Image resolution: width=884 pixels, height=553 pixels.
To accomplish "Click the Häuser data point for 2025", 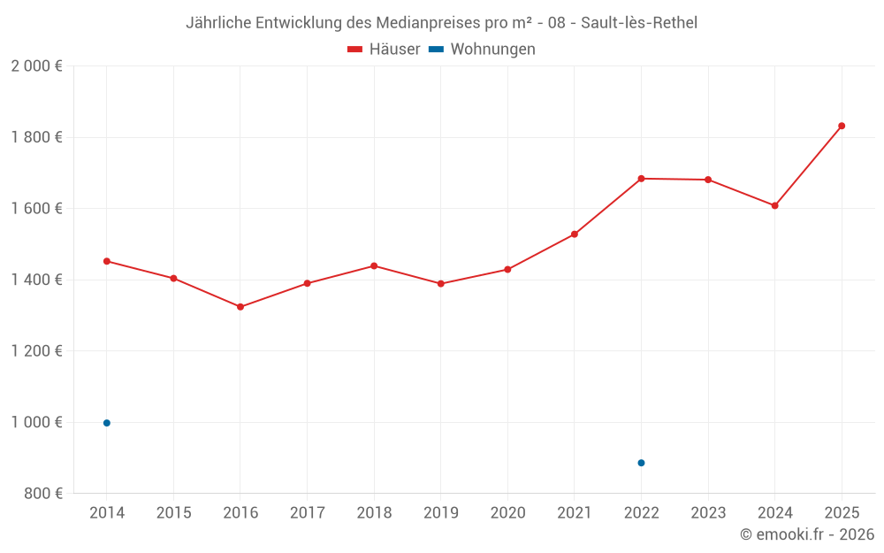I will point(842,126).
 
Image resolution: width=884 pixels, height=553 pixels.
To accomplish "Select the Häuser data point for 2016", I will point(240,307).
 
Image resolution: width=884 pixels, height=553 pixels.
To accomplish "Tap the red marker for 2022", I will point(641,179).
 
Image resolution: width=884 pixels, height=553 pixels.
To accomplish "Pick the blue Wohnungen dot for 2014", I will point(107,423).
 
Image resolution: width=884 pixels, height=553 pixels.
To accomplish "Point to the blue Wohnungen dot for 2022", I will point(641,463).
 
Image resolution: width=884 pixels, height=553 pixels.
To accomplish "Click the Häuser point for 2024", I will point(774,205).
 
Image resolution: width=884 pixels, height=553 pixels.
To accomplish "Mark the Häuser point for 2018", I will point(374,265).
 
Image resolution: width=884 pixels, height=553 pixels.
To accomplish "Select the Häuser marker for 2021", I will point(575,234).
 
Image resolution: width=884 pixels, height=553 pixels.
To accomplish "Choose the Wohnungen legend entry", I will point(492,50).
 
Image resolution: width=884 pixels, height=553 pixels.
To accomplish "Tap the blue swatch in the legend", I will point(436,50).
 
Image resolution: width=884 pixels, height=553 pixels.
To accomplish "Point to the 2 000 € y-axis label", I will point(36,66).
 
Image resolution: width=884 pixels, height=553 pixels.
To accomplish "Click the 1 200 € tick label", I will point(36,351).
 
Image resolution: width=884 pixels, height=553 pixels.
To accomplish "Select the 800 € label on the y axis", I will point(42,494).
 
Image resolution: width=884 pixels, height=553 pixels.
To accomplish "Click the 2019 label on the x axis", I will point(441,513).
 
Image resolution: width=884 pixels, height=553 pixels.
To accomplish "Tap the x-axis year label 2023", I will point(708,513).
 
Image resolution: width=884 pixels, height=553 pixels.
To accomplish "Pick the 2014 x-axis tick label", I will point(107,513).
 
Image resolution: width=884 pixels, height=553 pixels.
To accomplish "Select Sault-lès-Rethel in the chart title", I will point(639,23).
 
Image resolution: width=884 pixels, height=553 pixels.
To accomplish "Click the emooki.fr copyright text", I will point(807,534).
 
